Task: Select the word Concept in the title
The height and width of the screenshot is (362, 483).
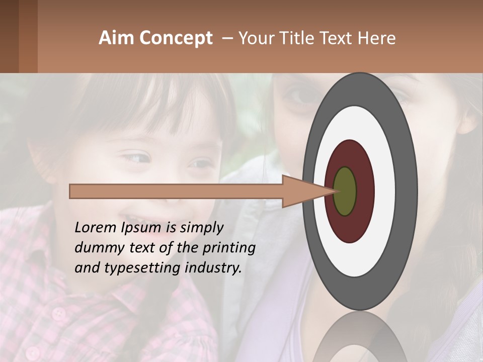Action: point(176,38)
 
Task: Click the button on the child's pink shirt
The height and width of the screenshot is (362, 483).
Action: point(59,314)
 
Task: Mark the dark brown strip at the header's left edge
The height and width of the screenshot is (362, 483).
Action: point(9,36)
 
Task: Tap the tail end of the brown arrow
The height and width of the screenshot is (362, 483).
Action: point(71,192)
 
